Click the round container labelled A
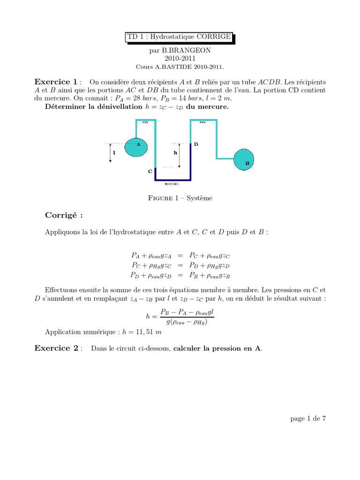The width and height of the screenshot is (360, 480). [135, 147]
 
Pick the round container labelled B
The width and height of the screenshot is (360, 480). [244, 159]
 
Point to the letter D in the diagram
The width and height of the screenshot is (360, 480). [196, 144]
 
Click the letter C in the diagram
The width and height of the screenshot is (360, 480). [150, 172]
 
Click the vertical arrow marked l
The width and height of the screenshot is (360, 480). [111, 152]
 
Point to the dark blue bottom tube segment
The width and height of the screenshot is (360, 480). [173, 179]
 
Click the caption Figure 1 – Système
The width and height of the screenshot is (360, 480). [180, 198]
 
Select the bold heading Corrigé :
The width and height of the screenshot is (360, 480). [64, 215]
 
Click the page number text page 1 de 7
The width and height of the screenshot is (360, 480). [308, 419]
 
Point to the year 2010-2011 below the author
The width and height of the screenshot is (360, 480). [180, 58]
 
